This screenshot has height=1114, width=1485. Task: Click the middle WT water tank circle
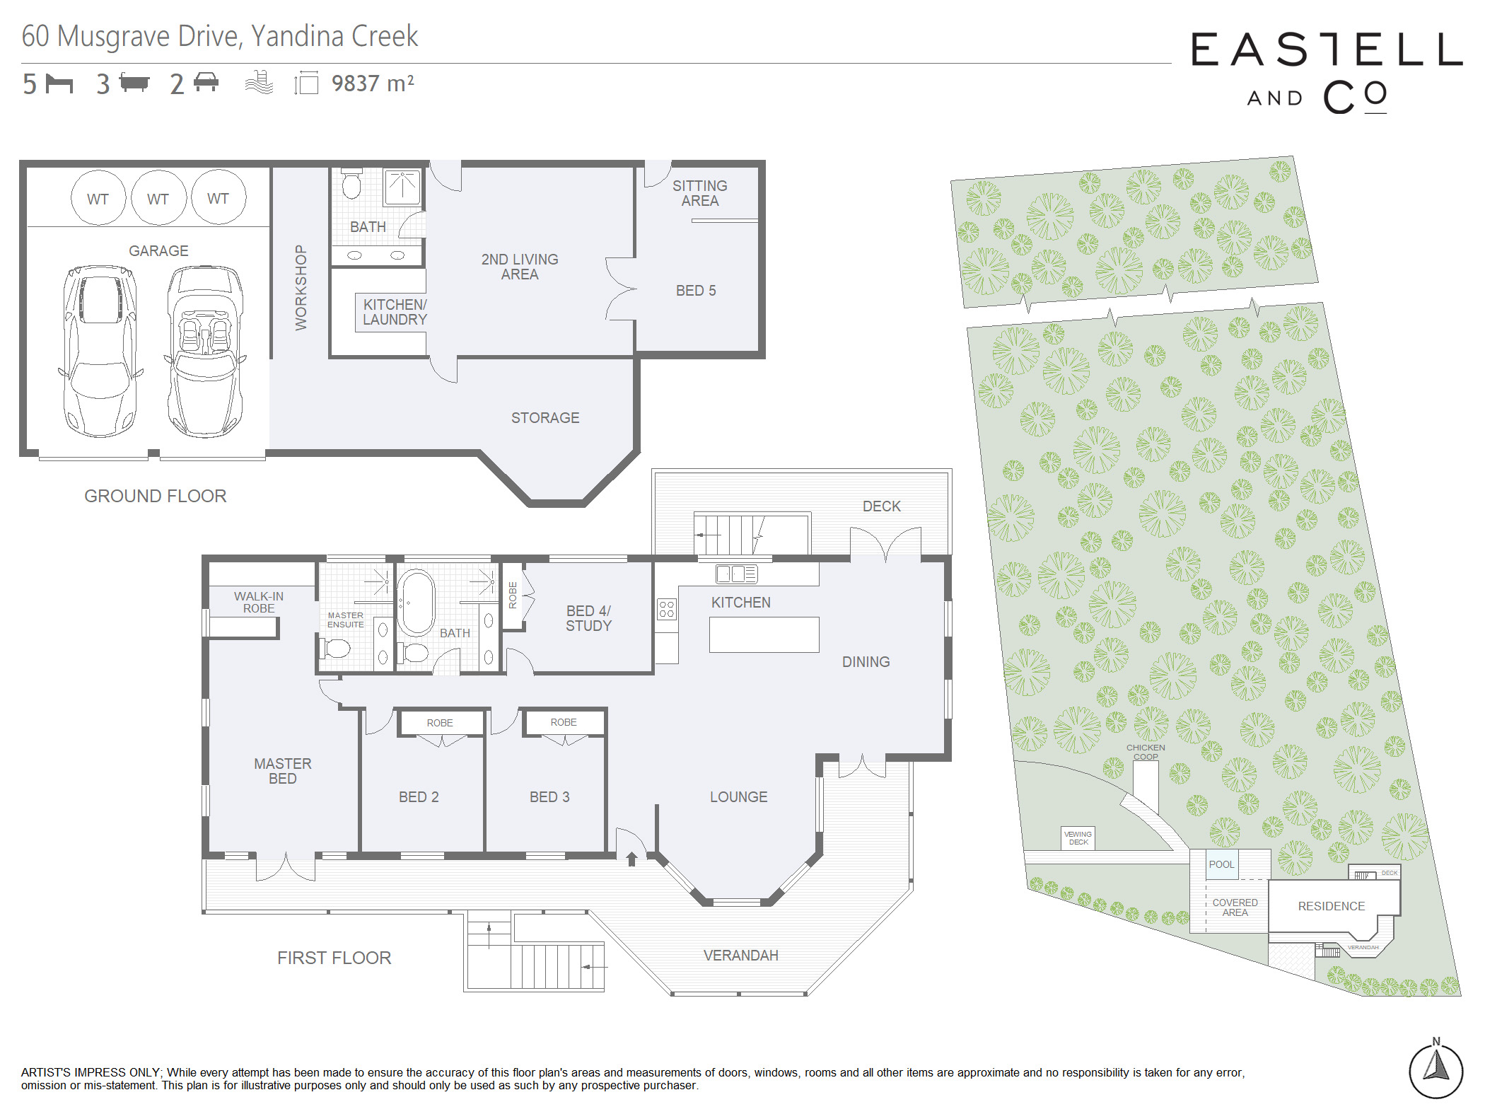click(158, 198)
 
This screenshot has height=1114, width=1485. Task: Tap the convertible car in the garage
click(205, 352)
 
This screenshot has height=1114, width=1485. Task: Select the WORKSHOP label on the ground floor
click(301, 287)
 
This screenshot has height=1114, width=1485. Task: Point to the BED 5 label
click(696, 291)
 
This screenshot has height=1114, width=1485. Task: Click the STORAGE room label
click(545, 418)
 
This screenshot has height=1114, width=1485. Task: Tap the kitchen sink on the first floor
click(736, 574)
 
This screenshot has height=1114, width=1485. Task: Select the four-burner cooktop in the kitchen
click(666, 609)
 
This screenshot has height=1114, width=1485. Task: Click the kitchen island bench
click(764, 634)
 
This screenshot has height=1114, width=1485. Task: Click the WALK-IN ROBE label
click(259, 602)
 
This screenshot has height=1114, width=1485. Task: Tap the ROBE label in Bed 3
click(564, 722)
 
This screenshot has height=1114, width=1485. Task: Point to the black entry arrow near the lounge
click(631, 859)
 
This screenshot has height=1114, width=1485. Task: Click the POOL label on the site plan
click(1221, 864)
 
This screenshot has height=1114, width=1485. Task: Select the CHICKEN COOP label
click(1146, 752)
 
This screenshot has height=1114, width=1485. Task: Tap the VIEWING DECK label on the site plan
click(1078, 838)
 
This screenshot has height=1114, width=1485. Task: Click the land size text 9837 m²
click(373, 83)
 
